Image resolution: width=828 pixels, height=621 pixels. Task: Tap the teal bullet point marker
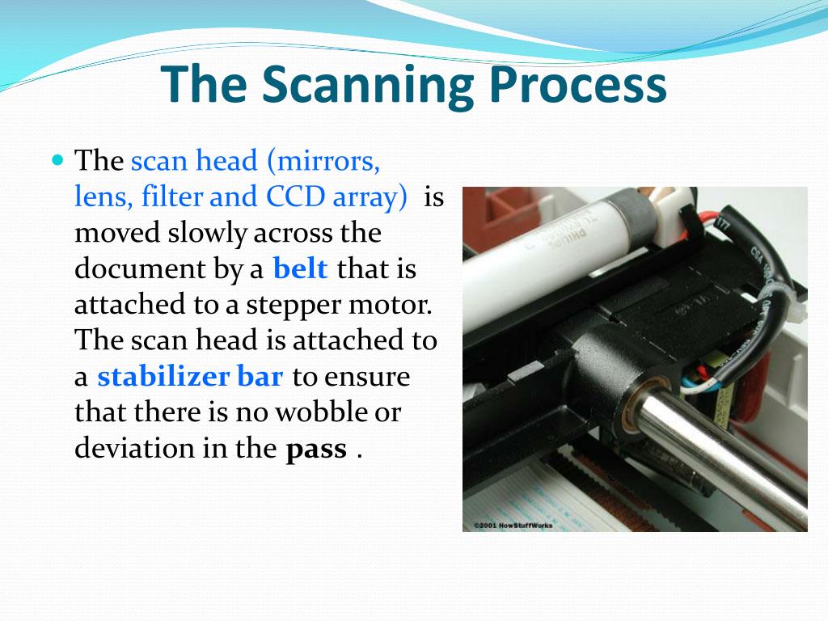pyautogui.click(x=57, y=159)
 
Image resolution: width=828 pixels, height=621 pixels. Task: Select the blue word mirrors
pyautogui.click(x=327, y=161)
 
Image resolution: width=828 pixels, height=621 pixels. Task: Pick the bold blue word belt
pyautogui.click(x=301, y=269)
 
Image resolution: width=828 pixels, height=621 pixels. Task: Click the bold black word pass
pyautogui.click(x=316, y=449)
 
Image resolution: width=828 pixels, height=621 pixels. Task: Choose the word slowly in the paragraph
pyautogui.click(x=209, y=233)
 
